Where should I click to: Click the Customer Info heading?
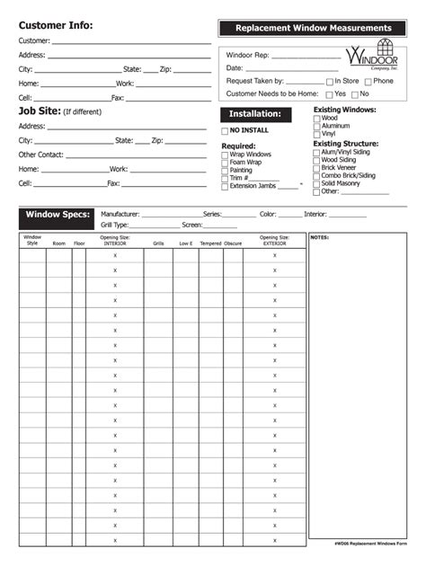coord(55,25)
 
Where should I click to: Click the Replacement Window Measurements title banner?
coord(314,29)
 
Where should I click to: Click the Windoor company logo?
coord(376,56)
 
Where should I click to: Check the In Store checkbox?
coord(330,82)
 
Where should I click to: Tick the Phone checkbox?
coord(368,82)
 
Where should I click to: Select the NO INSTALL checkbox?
coord(225,131)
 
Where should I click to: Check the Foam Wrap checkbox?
coord(225,162)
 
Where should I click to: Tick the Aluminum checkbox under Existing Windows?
coord(316,126)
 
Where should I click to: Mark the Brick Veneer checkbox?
coord(316,168)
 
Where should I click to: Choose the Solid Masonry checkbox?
coord(316,183)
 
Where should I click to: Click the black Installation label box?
coord(255,114)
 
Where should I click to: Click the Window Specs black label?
coord(58,215)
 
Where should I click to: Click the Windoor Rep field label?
coord(247,55)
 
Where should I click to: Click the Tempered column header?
coord(210,243)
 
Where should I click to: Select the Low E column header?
coord(185,243)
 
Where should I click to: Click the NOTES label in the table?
coord(319,237)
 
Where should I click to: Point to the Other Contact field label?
coord(40,155)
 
